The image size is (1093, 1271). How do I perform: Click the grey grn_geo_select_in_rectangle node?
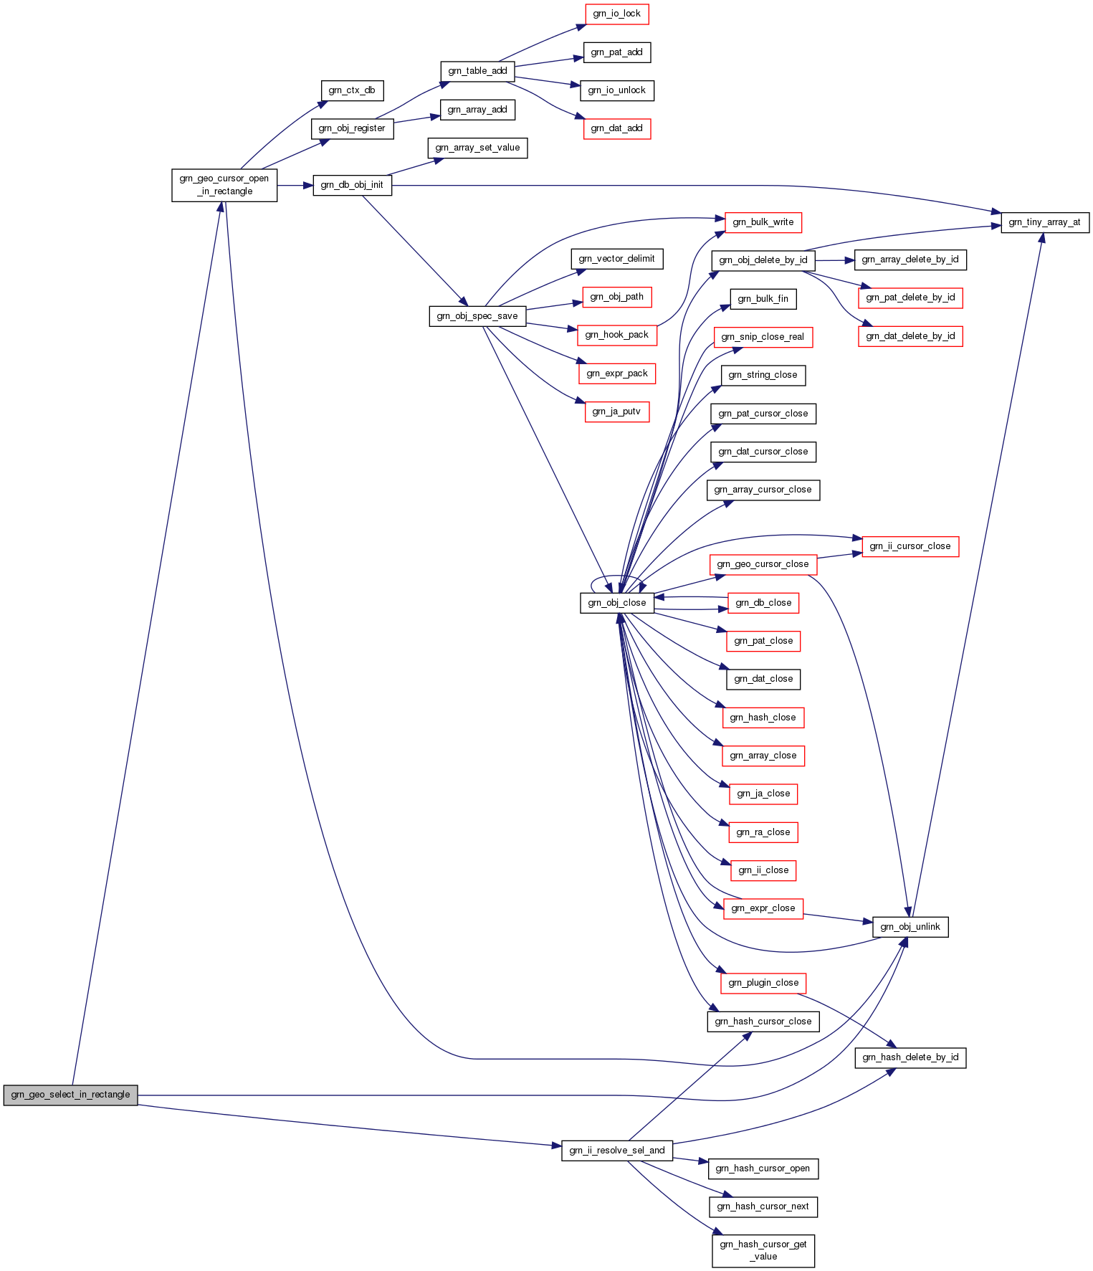click(70, 1095)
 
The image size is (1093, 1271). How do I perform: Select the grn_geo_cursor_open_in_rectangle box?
click(224, 185)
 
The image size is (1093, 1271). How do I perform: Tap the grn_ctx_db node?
click(351, 90)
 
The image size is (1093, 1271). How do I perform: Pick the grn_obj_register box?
click(352, 128)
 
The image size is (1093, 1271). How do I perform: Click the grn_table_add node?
click(477, 71)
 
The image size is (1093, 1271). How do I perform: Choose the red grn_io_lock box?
click(616, 14)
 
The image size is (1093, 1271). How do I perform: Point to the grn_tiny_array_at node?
click(1044, 222)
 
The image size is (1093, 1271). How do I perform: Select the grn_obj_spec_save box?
click(477, 316)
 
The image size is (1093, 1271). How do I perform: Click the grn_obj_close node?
click(616, 603)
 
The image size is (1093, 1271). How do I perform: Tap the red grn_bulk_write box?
click(763, 222)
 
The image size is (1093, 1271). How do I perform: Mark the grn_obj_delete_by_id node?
click(763, 260)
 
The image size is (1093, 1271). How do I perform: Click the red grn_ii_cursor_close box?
click(910, 546)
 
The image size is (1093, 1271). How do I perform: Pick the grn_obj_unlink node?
click(910, 927)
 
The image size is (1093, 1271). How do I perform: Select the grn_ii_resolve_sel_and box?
click(616, 1151)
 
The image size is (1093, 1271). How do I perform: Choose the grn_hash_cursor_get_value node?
click(763, 1250)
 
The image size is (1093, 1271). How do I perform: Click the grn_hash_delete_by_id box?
click(910, 1057)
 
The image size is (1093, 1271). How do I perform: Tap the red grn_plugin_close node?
click(763, 983)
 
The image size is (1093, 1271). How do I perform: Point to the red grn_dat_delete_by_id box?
click(910, 336)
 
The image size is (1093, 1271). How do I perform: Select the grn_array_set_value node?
click(477, 148)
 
